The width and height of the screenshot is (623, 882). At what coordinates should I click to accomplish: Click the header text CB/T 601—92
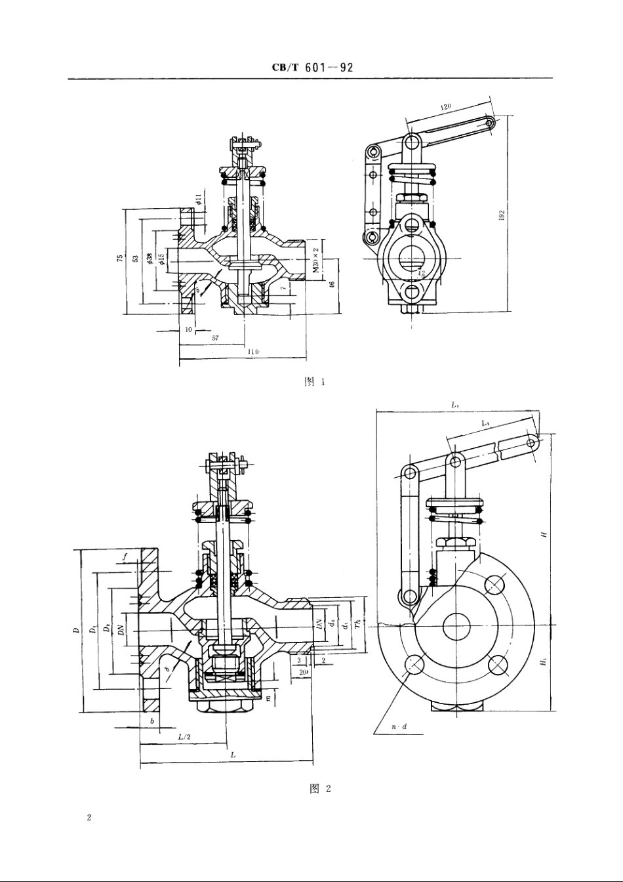[x=312, y=68]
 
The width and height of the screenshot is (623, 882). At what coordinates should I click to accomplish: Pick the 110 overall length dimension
[x=252, y=352]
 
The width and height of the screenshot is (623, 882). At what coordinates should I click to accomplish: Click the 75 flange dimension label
[x=120, y=259]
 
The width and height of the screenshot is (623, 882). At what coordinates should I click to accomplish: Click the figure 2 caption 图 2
[x=319, y=788]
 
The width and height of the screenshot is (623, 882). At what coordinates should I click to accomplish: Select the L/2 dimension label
[x=185, y=736]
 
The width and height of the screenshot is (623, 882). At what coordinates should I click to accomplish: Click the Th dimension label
[x=357, y=625]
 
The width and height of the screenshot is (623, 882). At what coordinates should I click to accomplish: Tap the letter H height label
[x=543, y=535]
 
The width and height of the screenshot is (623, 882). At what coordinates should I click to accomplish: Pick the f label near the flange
[x=124, y=558]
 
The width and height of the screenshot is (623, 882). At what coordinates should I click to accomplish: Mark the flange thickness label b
[x=151, y=721]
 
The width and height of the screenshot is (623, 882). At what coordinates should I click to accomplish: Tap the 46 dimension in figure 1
[x=332, y=284]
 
